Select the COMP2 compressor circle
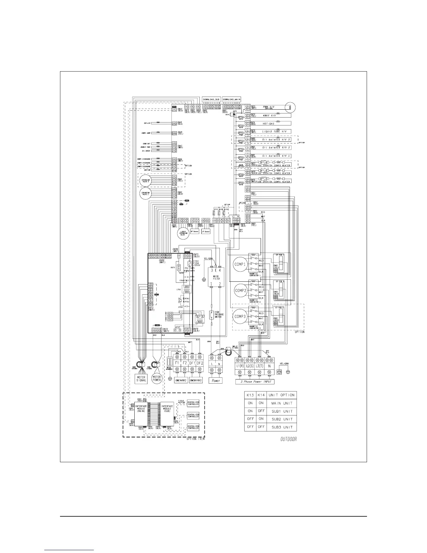[x=240, y=290]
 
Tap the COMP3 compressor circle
[x=240, y=316]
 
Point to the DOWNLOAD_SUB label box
[x=211, y=99]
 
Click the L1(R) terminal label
[x=240, y=365]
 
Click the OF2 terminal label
[x=200, y=363]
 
